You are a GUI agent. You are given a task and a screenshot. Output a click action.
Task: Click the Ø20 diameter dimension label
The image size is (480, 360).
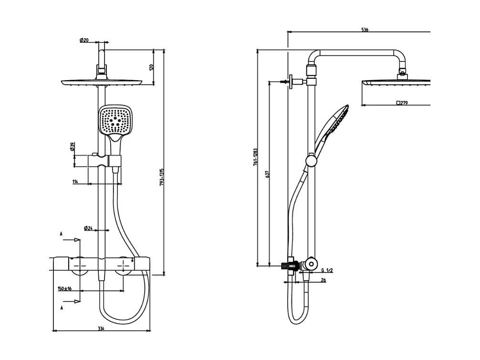[84, 40]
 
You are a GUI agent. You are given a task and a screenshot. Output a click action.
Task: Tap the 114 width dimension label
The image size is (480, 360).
[75, 181]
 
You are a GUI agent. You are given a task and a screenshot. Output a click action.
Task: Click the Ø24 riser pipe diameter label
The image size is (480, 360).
[88, 228]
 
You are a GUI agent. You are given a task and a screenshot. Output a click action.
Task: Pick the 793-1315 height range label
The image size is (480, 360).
[162, 177]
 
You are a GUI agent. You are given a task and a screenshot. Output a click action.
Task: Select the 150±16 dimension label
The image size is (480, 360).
[64, 288]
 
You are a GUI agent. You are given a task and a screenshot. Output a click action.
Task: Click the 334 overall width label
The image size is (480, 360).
[101, 328]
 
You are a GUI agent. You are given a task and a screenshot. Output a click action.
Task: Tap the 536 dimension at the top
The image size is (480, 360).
[365, 30]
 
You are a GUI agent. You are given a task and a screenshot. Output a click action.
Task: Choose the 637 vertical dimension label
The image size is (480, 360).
[268, 175]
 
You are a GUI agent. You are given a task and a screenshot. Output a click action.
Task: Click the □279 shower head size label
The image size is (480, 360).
[402, 103]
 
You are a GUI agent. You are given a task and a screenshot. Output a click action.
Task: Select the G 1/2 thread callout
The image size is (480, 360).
[327, 270]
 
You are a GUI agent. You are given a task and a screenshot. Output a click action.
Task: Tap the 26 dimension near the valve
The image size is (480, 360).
[323, 280]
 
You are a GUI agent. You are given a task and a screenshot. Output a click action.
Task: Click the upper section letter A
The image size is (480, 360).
[61, 233]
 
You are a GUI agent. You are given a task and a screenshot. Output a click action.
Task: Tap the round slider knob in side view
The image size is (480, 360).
[311, 160]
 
